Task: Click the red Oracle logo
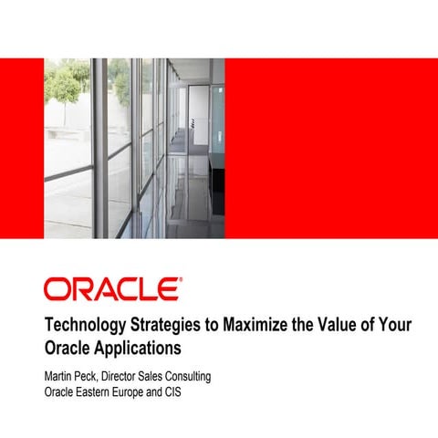pos(112,289)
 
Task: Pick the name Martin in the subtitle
pos(60,377)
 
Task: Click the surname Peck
pos(96,377)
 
